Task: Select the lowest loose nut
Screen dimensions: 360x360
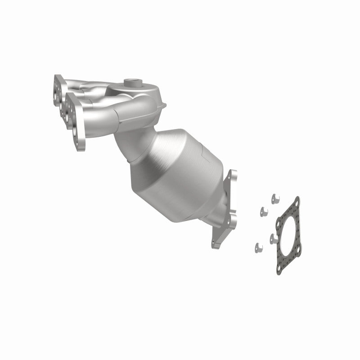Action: [258, 246]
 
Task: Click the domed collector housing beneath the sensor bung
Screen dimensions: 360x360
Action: [144, 97]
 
